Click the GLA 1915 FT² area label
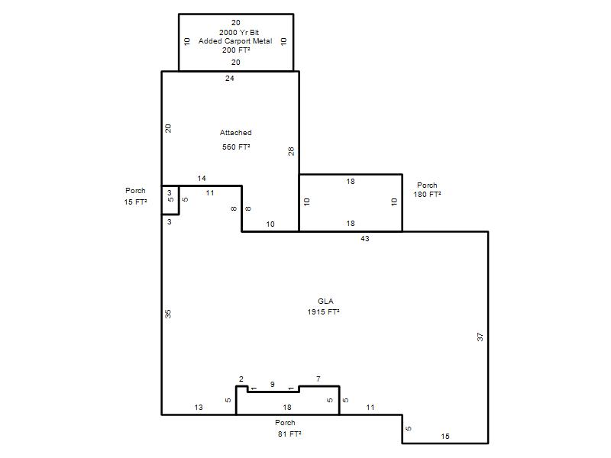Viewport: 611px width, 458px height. point(323,307)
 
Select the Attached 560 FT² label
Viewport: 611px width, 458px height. point(236,140)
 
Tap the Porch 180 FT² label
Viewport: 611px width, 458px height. point(427,189)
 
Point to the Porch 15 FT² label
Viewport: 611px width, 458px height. point(135,196)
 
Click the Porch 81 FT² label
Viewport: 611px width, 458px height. point(289,428)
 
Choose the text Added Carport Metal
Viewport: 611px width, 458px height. point(235,41)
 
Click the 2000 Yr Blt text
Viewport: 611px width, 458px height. point(239,32)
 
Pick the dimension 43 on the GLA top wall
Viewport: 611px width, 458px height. point(365,238)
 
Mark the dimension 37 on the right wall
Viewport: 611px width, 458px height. point(480,337)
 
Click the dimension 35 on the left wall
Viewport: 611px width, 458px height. point(168,314)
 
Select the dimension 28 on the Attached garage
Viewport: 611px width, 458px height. point(291,151)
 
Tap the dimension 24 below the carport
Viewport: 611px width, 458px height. point(230,79)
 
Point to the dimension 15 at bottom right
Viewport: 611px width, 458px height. point(445,436)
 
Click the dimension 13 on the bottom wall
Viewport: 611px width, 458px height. point(199,407)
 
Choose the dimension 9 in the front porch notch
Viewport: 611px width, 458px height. point(273,385)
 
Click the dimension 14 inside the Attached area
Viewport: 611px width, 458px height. point(202,179)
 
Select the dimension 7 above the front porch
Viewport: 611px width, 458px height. point(318,379)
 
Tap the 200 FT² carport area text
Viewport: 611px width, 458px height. point(236,50)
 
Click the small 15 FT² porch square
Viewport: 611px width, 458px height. point(170,200)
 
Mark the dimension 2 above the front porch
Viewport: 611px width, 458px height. point(241,379)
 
